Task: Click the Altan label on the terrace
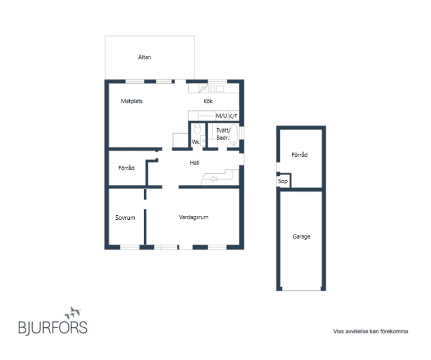pos(144,57)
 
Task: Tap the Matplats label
pos(132,101)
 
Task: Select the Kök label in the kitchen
pos(208,101)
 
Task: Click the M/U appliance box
pos(221,116)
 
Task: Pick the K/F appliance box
pos(233,116)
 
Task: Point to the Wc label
pos(195,142)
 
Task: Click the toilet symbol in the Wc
pos(197,129)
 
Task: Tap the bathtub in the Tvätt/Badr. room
pos(233,134)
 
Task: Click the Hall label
pos(194,163)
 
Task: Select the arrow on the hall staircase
pos(213,179)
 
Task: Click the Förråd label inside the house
pos(126,168)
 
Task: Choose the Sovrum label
pos(125,218)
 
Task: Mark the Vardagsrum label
pos(194,217)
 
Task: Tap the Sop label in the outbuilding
pos(282,181)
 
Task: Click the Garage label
pos(301,236)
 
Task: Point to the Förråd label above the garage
pos(299,155)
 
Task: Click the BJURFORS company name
pos(53,328)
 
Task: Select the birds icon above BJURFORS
pos(73,313)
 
